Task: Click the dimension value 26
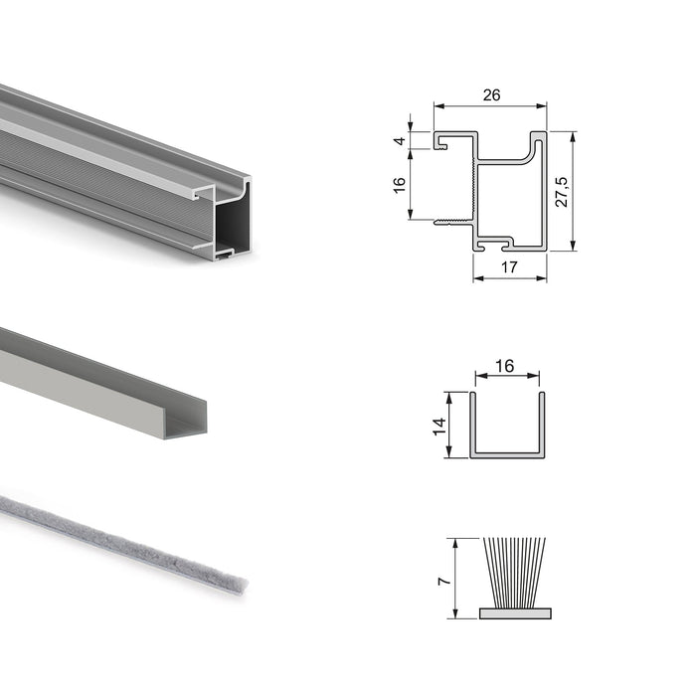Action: [x=490, y=95]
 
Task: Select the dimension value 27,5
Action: [x=562, y=191]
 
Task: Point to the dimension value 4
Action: [x=400, y=141]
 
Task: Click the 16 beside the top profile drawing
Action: [x=400, y=185]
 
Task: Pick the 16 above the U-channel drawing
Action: [x=504, y=366]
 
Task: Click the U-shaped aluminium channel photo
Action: [x=99, y=383]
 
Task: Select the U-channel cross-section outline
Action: [x=507, y=452]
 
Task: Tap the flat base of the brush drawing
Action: [x=514, y=612]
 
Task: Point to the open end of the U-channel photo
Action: [x=189, y=423]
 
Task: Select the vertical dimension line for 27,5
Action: [x=575, y=191]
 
